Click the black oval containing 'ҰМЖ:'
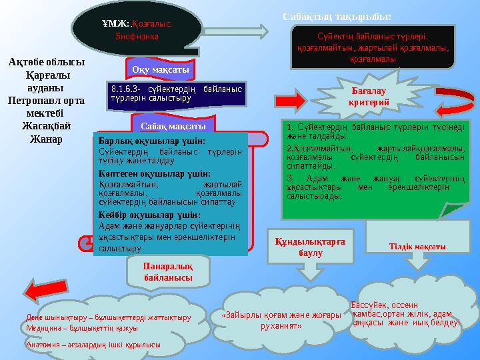[137, 28]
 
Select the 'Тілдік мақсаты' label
[417, 247]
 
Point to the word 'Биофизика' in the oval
[136, 37]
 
